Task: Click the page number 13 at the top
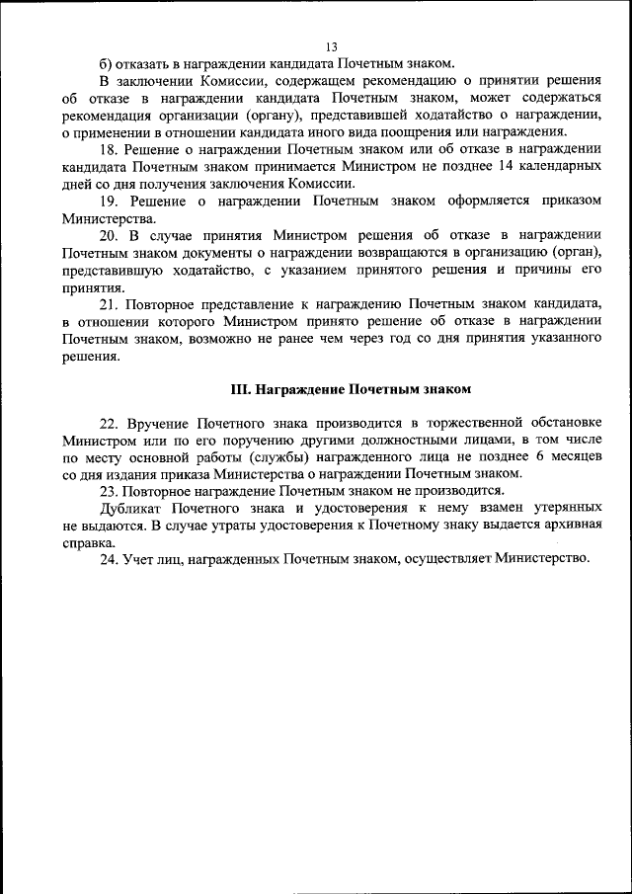331,46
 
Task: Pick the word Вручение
158,422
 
